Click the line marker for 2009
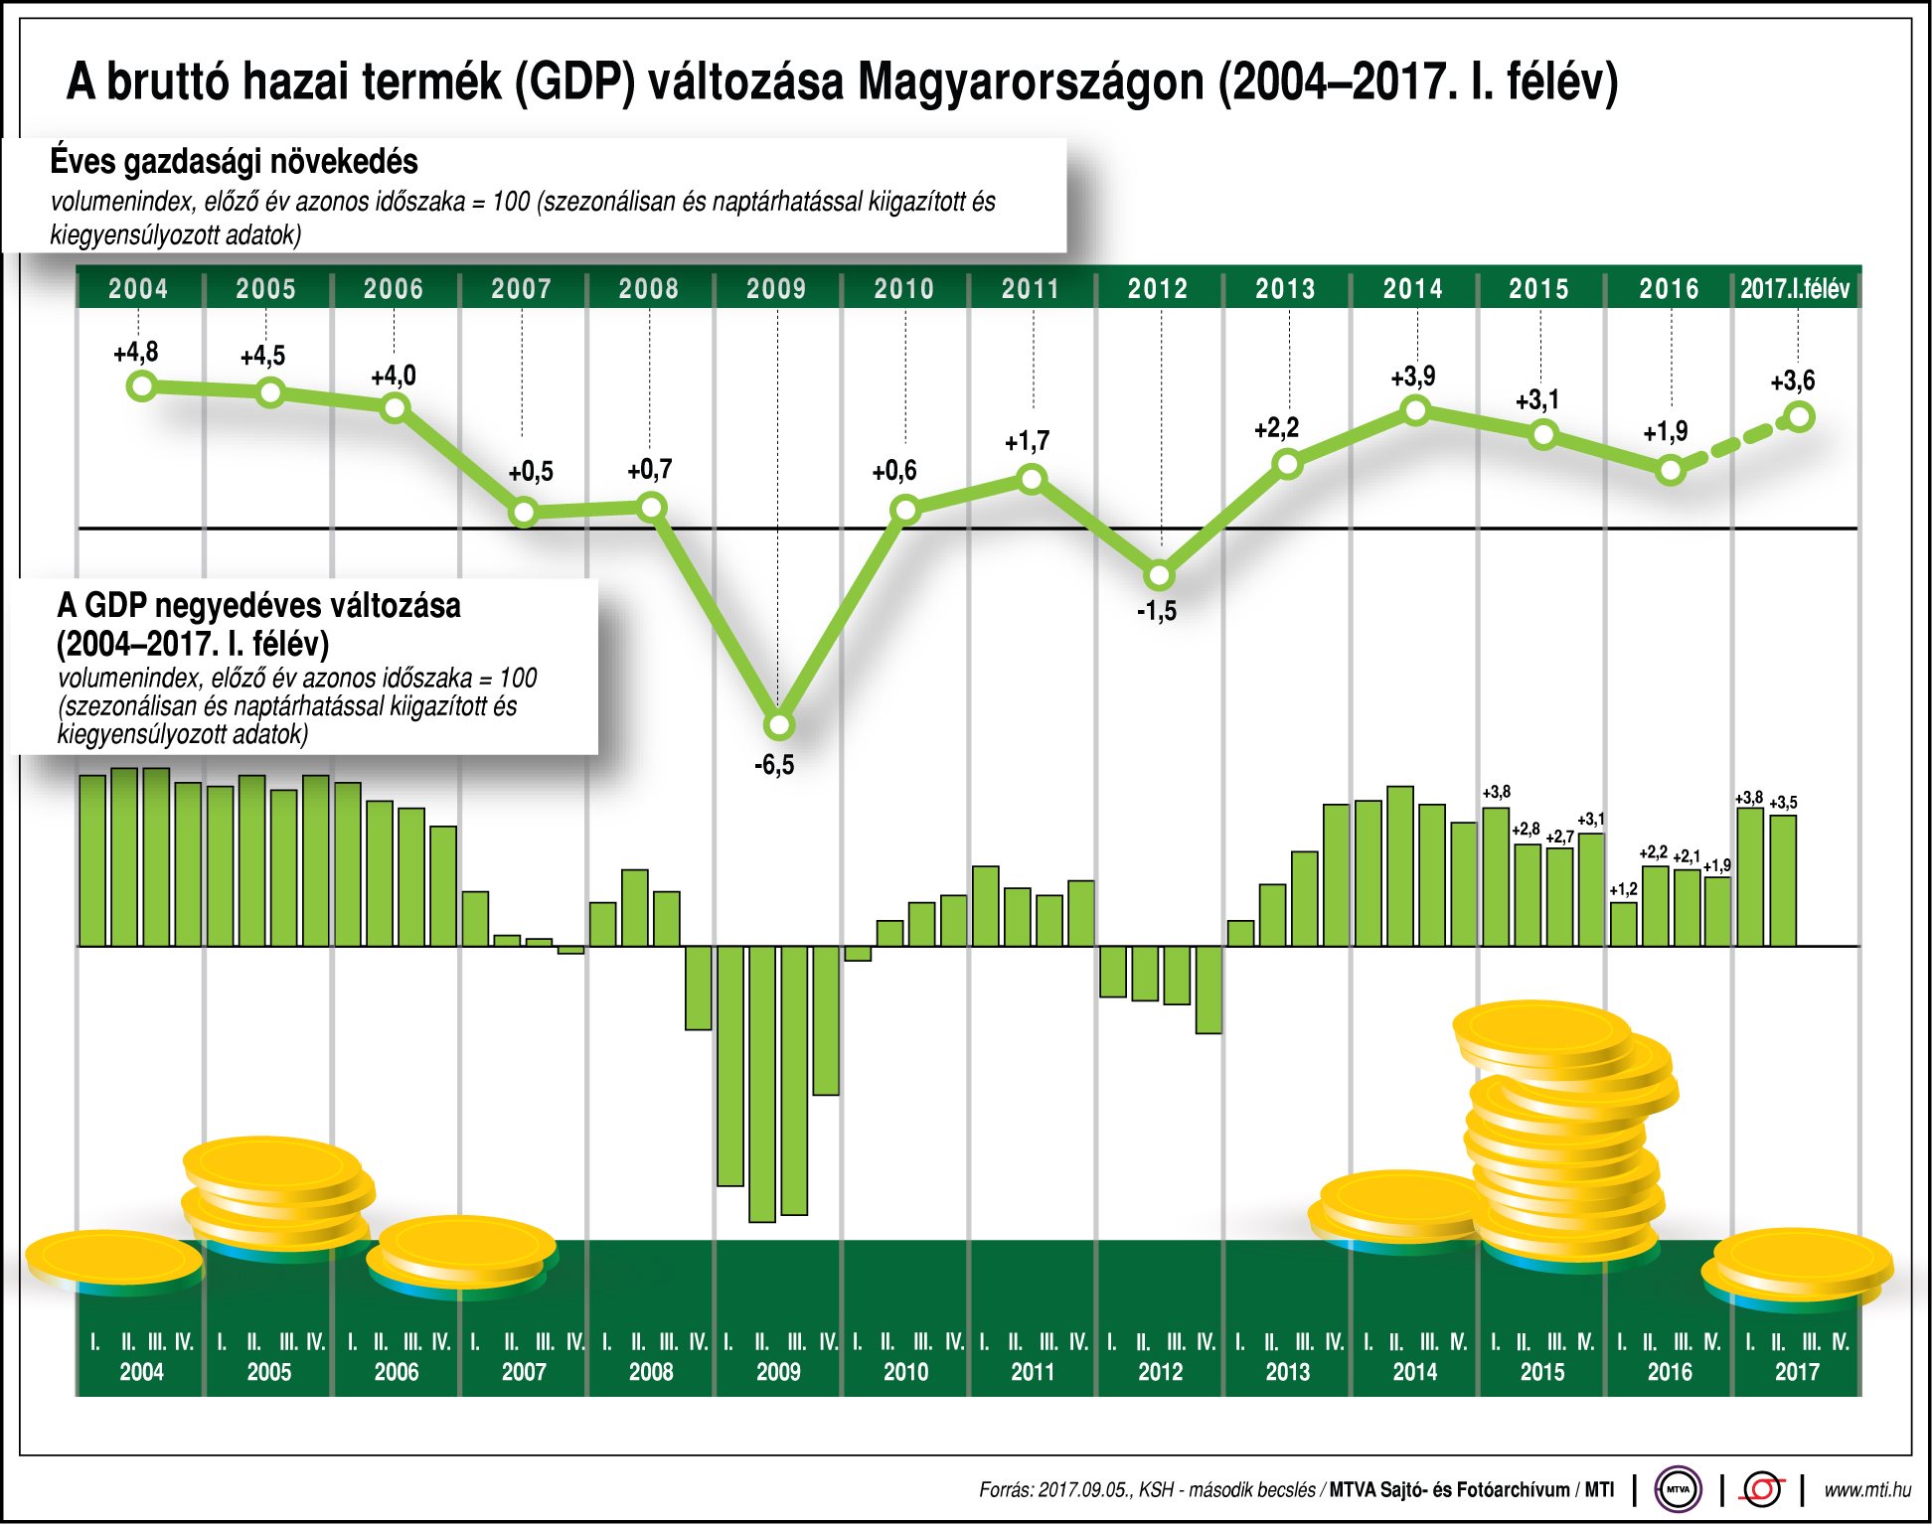780,724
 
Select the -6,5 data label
774,765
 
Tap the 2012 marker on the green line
1160,575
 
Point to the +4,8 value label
135,352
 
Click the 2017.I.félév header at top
1795,289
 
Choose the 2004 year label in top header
138,289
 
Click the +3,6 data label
1792,381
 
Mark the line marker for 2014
1415,409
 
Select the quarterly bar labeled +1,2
1623,923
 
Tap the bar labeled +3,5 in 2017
1783,879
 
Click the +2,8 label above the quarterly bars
1526,829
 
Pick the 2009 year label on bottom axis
778,1372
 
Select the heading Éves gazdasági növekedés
234,161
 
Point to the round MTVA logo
1678,1489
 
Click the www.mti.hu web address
1866,1489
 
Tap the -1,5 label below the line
1156,611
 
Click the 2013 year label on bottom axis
1287,1372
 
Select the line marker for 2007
524,513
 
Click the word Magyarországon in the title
1031,81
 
